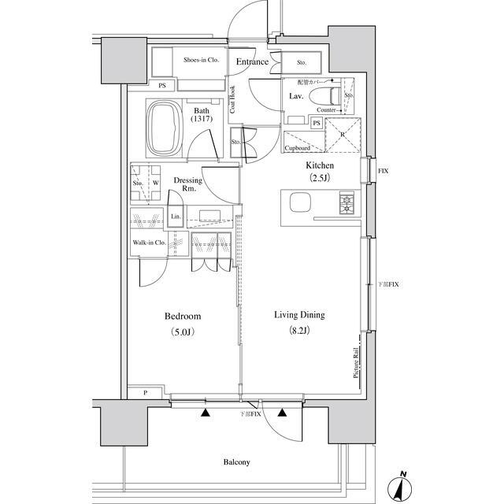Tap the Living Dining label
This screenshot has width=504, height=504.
[x=299, y=315]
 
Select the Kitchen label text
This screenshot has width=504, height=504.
[x=321, y=166]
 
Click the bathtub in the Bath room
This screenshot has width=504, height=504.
[x=165, y=127]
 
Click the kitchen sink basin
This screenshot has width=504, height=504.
[x=302, y=203]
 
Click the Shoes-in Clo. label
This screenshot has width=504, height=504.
[x=201, y=60]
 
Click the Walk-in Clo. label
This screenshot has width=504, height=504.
[x=148, y=243]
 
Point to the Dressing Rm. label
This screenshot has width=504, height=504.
[x=189, y=184]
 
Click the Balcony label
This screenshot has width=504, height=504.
[x=235, y=462]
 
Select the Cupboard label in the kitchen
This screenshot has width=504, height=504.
[x=297, y=148]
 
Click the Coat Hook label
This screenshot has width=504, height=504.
[x=233, y=100]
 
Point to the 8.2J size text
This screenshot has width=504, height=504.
[x=299, y=331]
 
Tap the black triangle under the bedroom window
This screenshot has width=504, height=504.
[x=206, y=412]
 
